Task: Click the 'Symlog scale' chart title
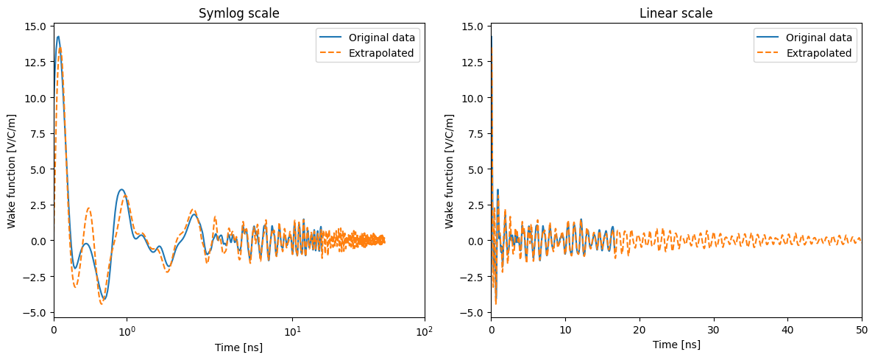[x=239, y=13]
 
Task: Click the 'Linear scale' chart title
[x=676, y=13]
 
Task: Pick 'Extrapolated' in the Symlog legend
[x=381, y=53]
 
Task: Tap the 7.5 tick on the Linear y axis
[x=478, y=133]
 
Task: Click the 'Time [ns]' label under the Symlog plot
[x=239, y=347]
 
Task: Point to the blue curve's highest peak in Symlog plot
[x=58, y=37]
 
